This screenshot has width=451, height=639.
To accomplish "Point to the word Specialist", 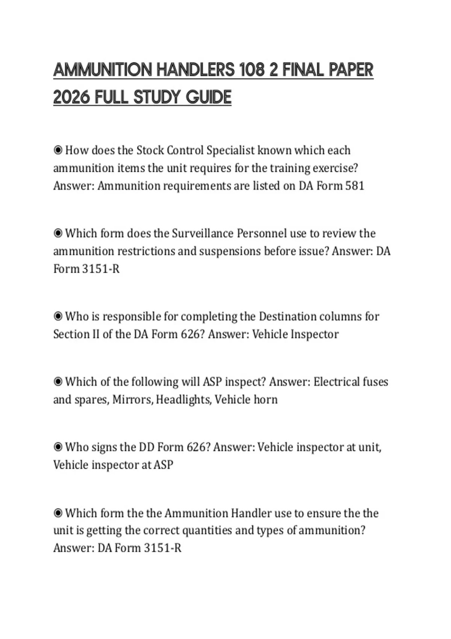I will point(231,150).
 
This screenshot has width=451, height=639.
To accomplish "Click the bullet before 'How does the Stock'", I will point(58,150).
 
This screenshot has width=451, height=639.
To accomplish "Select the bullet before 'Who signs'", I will point(58,447).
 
